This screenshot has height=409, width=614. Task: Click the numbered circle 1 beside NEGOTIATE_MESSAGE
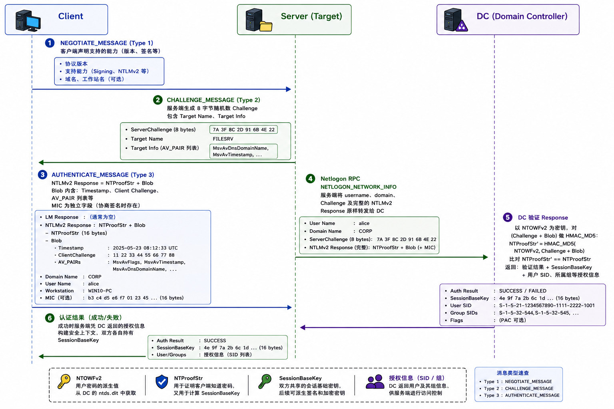tap(50, 43)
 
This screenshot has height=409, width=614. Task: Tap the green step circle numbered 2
tap(157, 100)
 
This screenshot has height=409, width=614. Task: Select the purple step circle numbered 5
tap(508, 218)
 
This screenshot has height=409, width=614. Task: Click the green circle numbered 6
tap(50, 318)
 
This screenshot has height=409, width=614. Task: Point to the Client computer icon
tap(28, 20)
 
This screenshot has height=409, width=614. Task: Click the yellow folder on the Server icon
tap(265, 26)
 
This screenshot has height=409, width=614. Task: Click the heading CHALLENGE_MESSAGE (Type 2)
tap(213, 100)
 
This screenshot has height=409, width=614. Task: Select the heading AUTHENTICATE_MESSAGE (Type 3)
tap(103, 175)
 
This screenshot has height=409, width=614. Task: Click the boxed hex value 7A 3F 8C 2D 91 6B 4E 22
tap(243, 129)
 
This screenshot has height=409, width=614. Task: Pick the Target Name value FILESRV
tap(223, 139)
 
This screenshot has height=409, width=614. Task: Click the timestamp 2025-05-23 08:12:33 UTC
tap(145, 248)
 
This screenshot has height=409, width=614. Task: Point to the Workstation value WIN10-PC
tap(100, 291)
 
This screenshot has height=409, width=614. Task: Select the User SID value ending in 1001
tap(547, 306)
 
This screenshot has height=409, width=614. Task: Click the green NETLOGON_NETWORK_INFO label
tap(358, 187)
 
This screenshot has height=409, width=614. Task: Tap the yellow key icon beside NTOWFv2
tap(64, 381)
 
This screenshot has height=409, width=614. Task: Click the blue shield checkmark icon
tap(162, 381)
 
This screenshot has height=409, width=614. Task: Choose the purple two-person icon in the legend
tap(375, 381)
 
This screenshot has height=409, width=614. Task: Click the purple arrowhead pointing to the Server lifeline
tap(303, 328)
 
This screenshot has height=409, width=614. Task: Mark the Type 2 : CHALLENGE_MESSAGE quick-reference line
tap(518, 389)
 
